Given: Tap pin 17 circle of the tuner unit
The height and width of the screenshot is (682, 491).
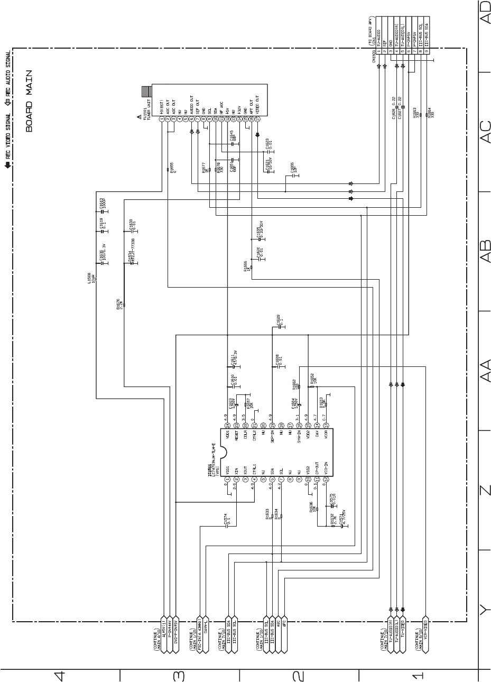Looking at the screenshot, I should (257, 119).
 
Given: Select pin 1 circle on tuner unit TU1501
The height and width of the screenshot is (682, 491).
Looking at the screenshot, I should (162, 119).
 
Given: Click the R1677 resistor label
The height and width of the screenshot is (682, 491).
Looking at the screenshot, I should (204, 169).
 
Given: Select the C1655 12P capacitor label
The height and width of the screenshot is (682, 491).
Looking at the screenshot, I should (293, 168).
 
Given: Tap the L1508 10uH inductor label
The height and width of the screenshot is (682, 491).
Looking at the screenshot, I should (92, 278).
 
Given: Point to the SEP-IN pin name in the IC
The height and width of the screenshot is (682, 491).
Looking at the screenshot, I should (272, 438).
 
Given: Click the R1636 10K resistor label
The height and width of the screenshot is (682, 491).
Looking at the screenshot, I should (312, 507).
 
